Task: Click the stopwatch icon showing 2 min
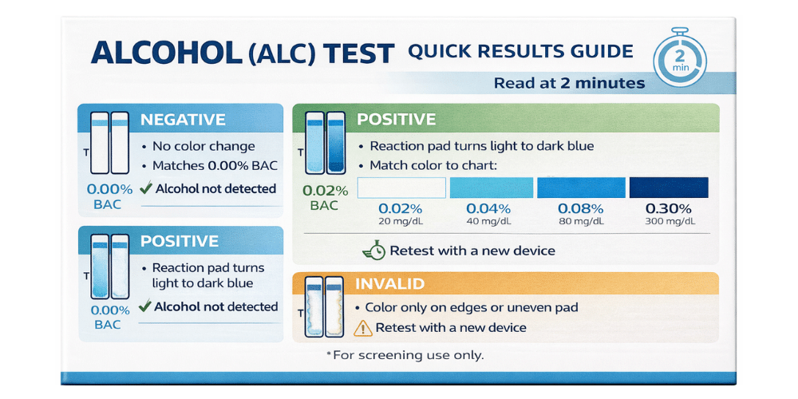click(679, 57)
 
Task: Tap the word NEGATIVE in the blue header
click(183, 120)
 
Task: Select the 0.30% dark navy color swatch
click(668, 188)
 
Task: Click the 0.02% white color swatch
click(401, 188)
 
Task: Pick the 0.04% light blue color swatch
click(490, 188)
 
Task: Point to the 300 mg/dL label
click(668, 221)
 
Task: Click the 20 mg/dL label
click(401, 221)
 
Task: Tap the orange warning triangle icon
click(363, 327)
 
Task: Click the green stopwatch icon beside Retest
click(373, 251)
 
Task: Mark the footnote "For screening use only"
click(405, 354)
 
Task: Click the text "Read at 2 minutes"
click(569, 83)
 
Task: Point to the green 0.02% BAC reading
click(325, 198)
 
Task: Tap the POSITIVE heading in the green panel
click(396, 120)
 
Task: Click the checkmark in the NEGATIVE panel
click(146, 189)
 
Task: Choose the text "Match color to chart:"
click(433, 166)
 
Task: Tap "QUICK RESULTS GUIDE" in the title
click(520, 53)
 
